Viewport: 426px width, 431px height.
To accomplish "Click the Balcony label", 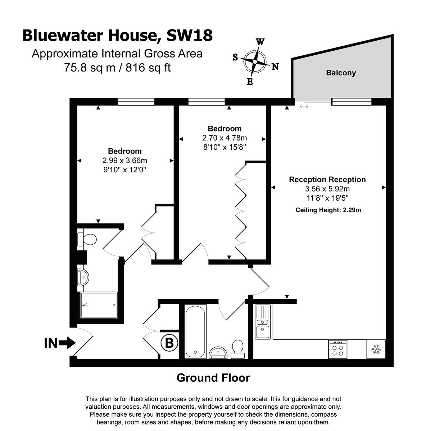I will pos(341,73).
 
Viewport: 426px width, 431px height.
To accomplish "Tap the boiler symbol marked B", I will pos(169,343).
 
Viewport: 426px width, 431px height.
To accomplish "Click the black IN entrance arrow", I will pos(67,343).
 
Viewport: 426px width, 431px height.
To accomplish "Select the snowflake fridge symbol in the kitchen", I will pos(376,349).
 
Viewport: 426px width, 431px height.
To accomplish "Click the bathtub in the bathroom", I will pos(195,331).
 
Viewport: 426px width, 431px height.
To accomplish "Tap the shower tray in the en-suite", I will pos(99,305).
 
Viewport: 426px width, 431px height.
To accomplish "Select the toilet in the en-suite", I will pos(87,239).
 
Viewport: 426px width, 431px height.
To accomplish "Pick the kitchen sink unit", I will pos(263,322).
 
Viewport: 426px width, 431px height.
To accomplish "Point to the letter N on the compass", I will pos(275,66).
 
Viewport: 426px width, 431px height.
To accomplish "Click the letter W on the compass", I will pos(260,42).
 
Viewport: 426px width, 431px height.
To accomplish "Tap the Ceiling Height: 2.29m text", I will pos(328,210).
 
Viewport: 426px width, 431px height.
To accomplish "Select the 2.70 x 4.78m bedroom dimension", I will pos(225,138).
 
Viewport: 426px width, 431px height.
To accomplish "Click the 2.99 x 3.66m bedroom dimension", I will pos(125,161).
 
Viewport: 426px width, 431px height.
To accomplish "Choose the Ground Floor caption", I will pos(213,378).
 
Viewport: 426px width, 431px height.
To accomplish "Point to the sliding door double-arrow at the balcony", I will pos(304,106).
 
